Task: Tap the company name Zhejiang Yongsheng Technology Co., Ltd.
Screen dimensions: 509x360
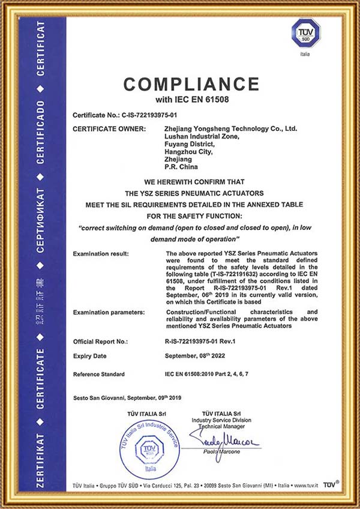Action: click(x=230, y=128)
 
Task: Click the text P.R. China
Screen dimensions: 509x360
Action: click(x=178, y=167)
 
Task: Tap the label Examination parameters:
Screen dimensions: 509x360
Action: click(x=109, y=313)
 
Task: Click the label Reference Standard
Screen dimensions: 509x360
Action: click(x=99, y=374)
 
